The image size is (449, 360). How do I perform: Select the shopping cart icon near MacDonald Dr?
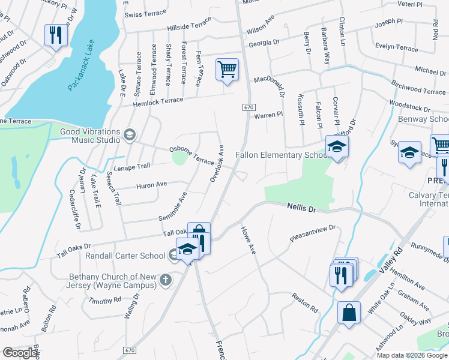[227, 70]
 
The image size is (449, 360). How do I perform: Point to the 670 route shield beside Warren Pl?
[248, 106]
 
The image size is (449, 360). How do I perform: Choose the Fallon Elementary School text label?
[281, 155]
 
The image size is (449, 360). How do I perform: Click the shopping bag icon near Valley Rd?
[349, 313]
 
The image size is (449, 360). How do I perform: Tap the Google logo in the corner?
[20, 353]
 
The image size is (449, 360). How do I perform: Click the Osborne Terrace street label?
[191, 155]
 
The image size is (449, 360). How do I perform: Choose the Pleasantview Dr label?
[312, 233]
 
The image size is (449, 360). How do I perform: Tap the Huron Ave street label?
[152, 186]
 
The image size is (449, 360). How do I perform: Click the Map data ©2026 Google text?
[411, 355]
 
